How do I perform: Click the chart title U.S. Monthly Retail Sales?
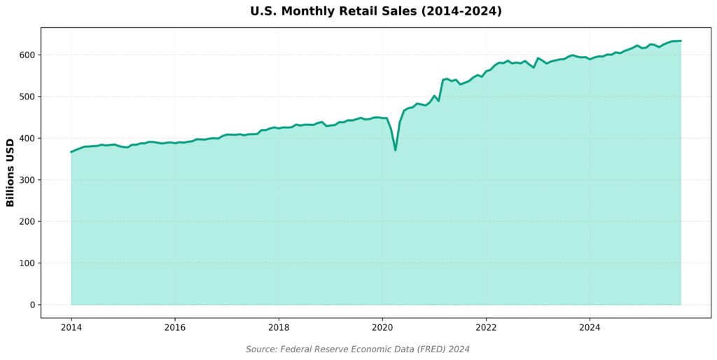358,11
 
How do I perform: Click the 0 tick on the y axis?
32,305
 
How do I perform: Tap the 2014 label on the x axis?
71,326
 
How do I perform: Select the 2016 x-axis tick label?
175,326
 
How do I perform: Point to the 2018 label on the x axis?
279,326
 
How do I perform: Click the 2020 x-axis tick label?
382,326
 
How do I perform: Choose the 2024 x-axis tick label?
590,326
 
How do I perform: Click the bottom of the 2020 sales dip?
396,151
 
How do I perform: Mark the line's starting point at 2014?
71,152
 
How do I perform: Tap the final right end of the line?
681,41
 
